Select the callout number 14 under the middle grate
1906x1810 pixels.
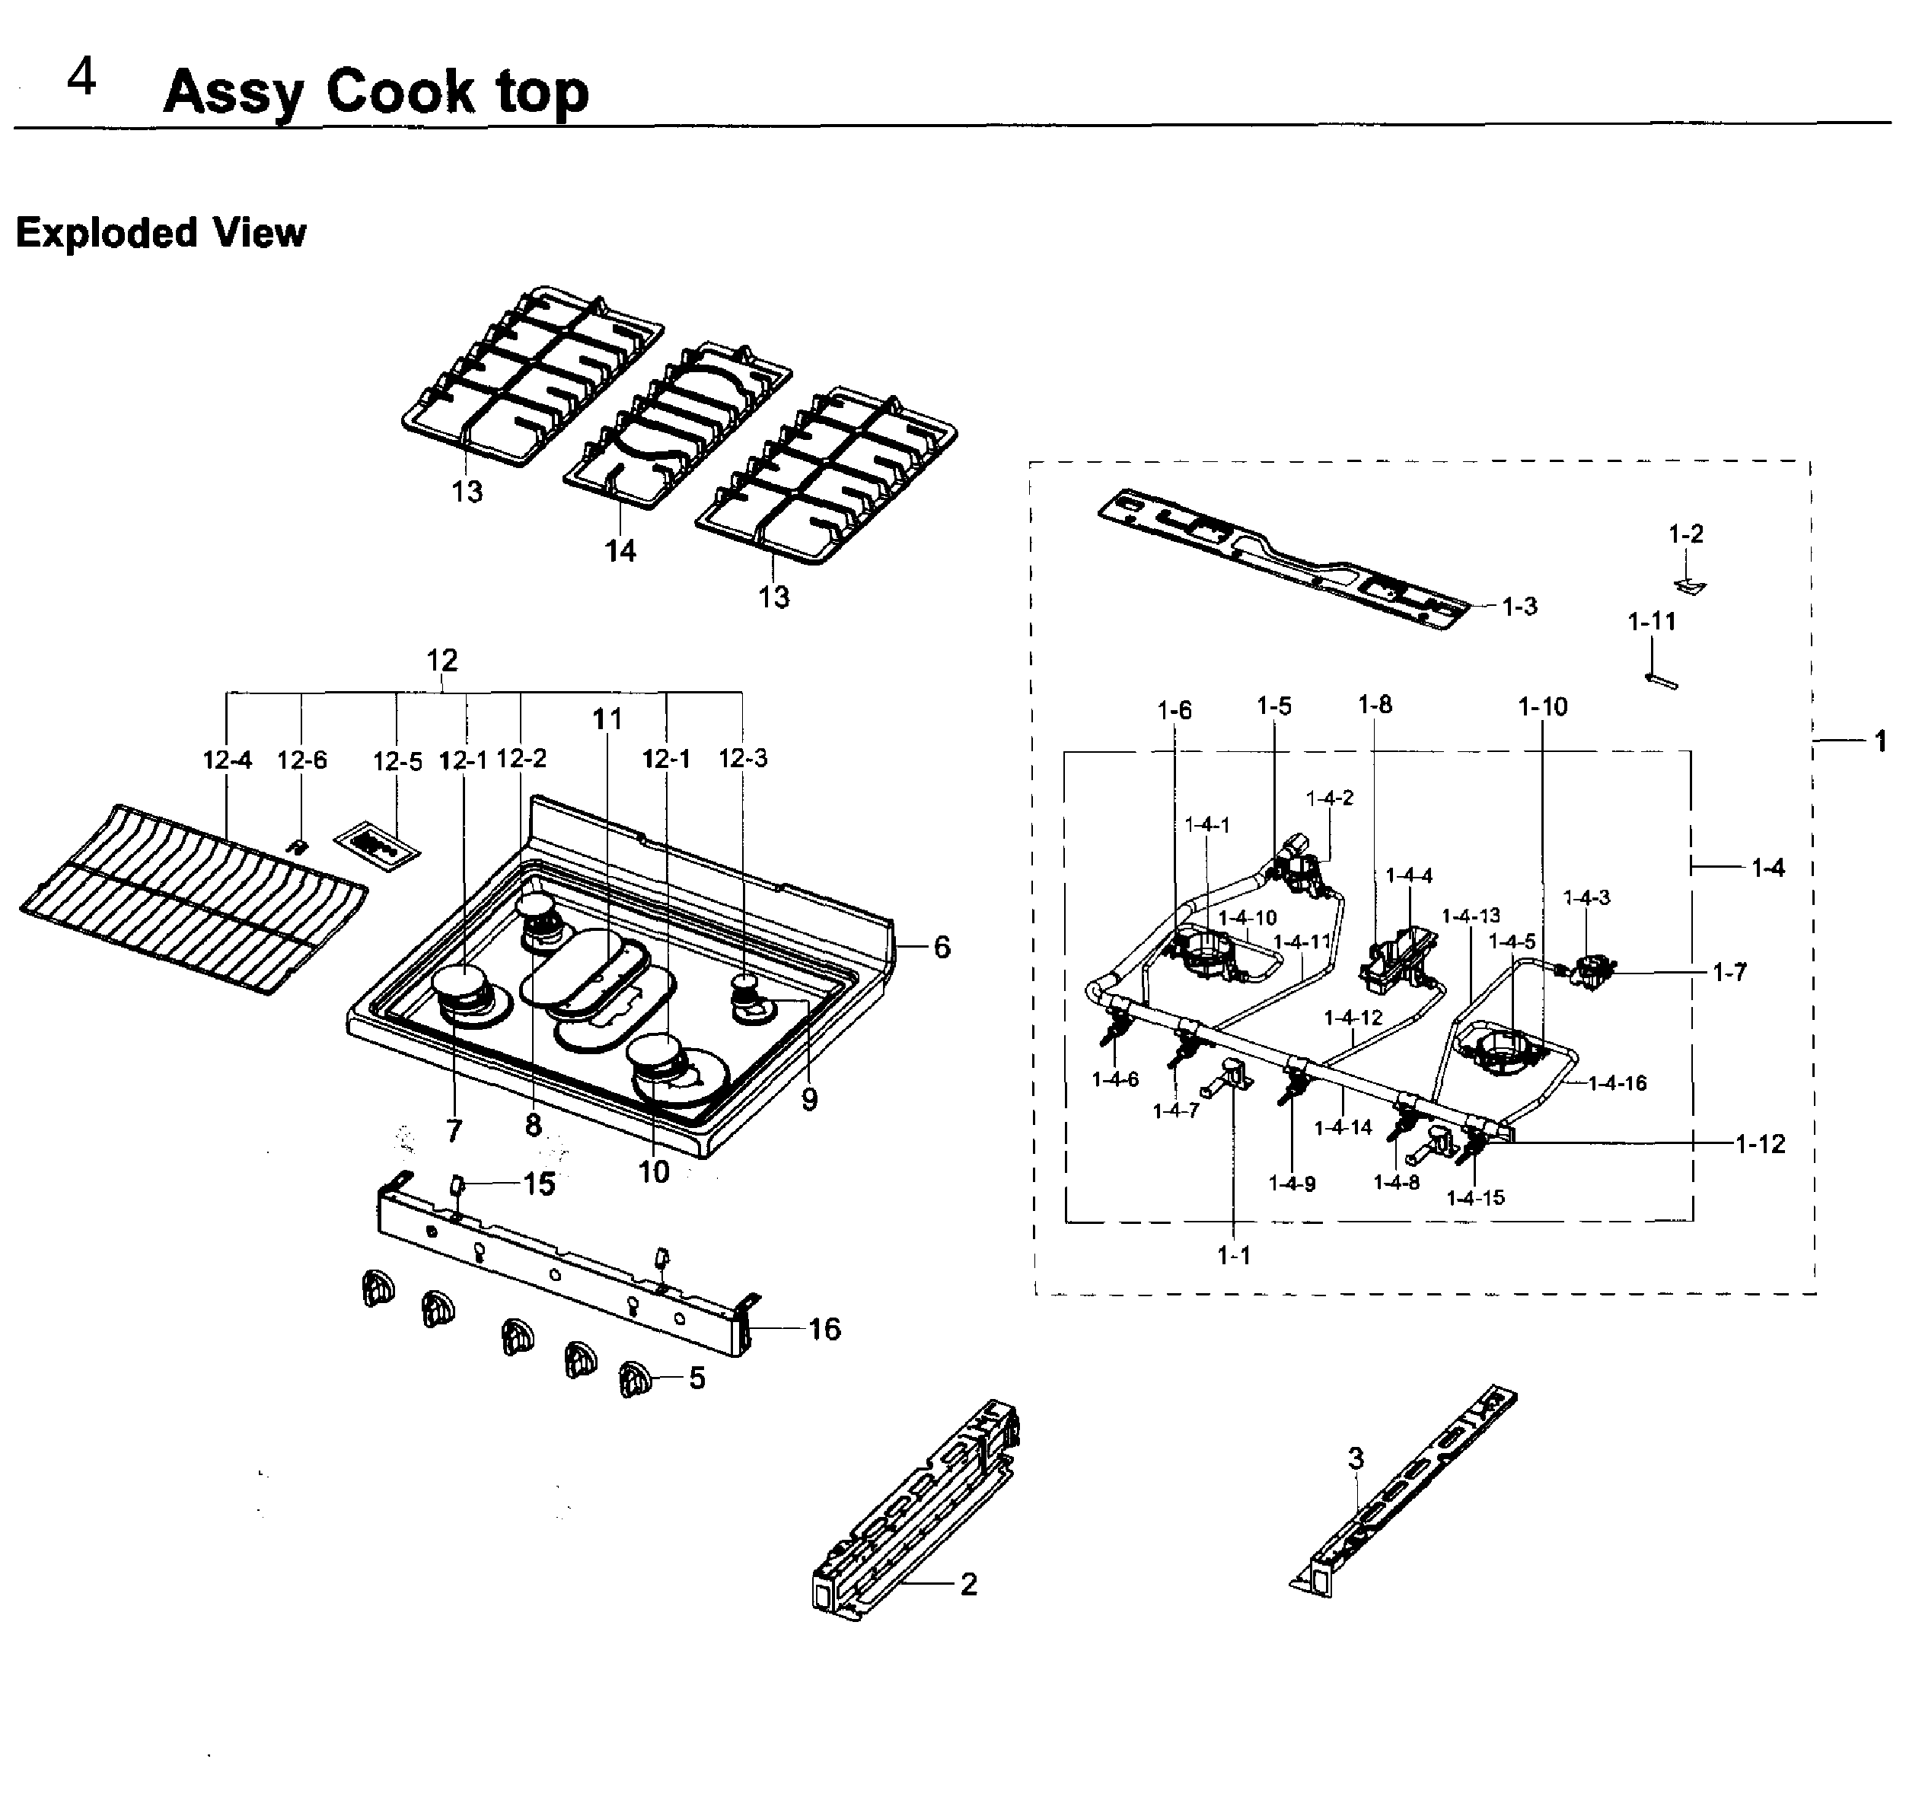(x=620, y=551)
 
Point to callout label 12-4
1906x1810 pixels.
(x=227, y=760)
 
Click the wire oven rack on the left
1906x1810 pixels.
(x=193, y=897)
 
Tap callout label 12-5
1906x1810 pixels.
(x=397, y=761)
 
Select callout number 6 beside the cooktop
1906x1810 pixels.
(x=942, y=947)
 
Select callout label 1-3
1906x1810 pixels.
(x=1519, y=606)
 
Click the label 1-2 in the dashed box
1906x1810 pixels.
(x=1685, y=534)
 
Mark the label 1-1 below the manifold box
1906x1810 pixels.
(x=1232, y=1255)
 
